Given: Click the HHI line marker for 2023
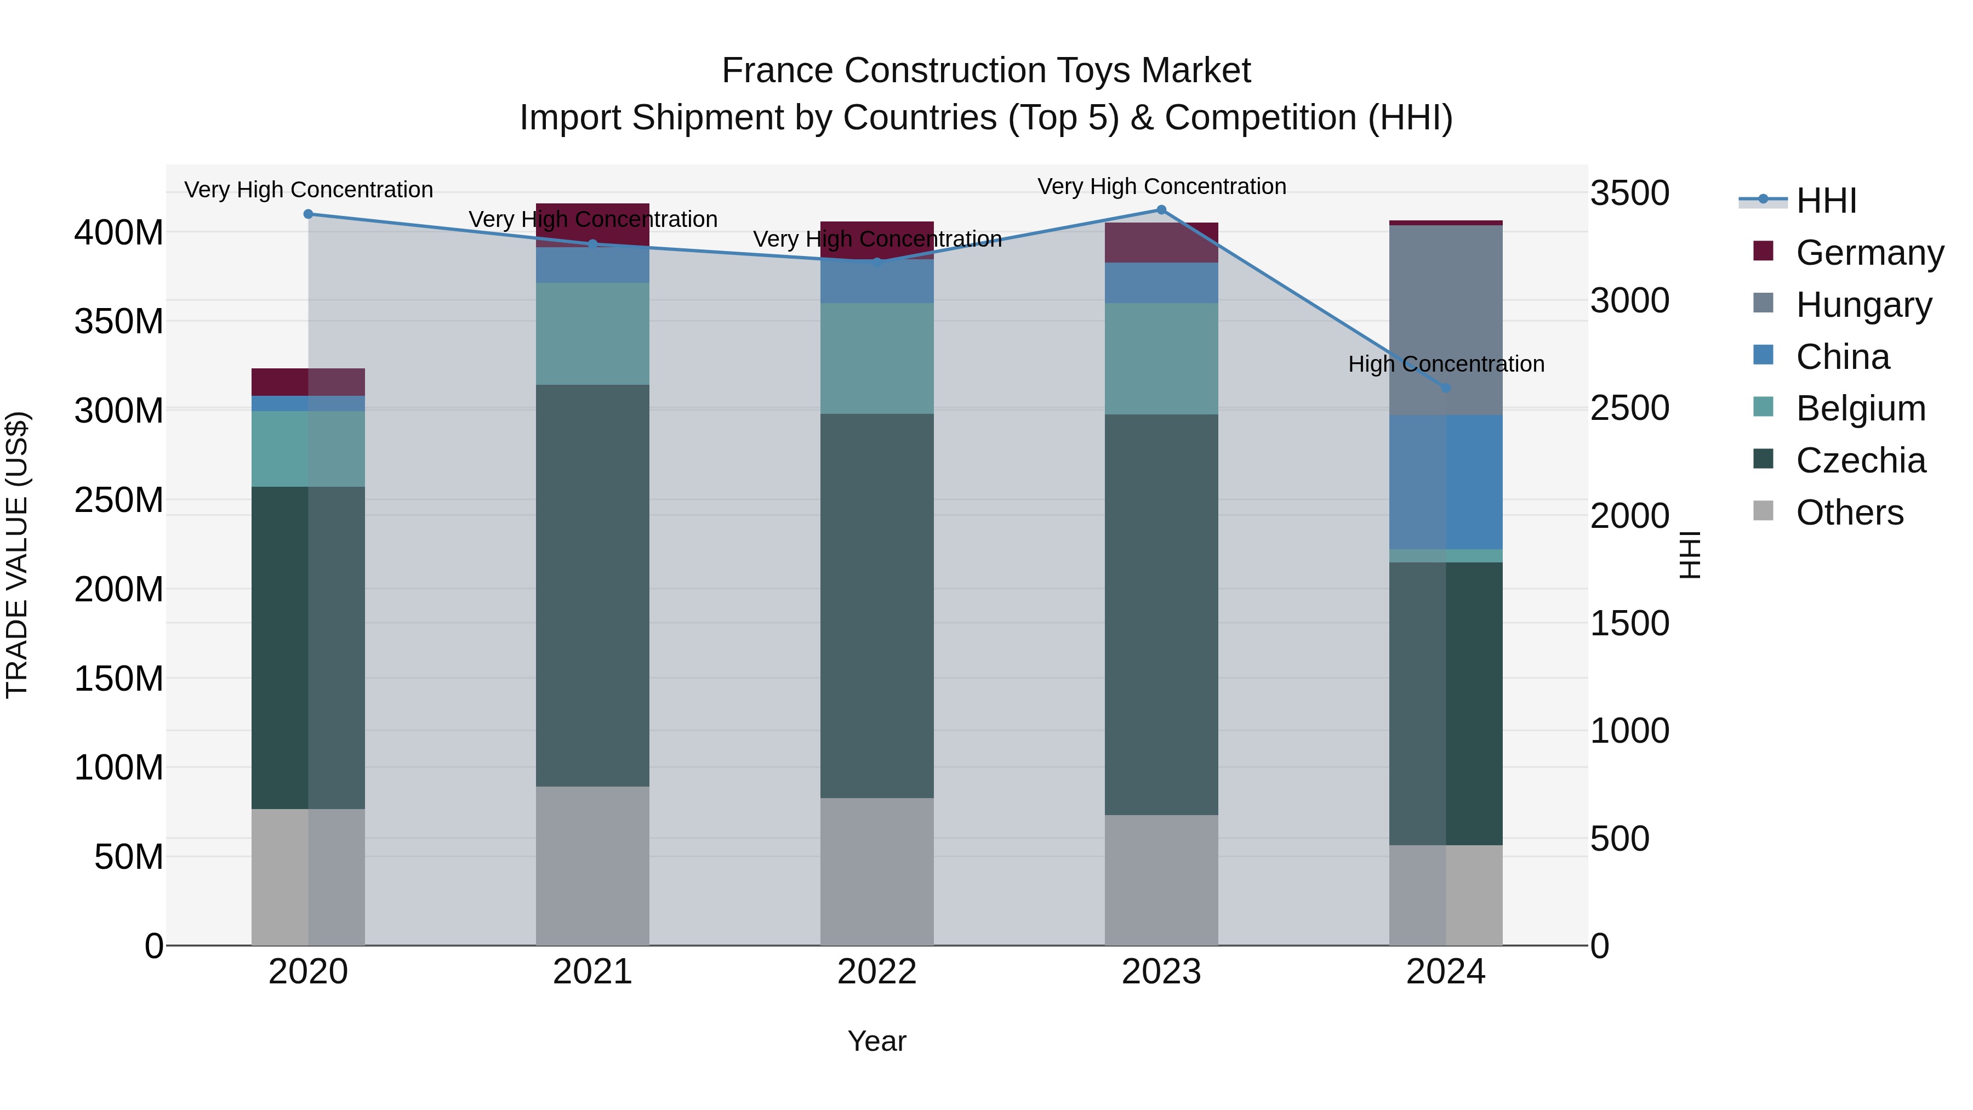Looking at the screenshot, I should click(1161, 210).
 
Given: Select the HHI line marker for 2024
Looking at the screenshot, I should click(1445, 388).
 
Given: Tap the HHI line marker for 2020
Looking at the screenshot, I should click(309, 214).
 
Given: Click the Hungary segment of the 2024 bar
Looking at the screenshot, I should click(1445, 320).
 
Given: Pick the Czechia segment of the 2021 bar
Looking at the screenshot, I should click(592, 585).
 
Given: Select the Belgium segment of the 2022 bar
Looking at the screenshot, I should click(877, 358).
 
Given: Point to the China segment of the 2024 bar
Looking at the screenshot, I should click(1445, 482).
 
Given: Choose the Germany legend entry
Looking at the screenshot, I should click(1869, 253).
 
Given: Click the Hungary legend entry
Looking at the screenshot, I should click(1863, 305).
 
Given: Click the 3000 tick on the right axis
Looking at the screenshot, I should click(1629, 300).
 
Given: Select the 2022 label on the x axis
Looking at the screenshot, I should click(877, 972).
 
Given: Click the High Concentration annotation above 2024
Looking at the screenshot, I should click(1445, 364).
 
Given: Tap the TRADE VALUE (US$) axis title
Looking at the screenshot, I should click(17, 555).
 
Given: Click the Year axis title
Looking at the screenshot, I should click(877, 1041).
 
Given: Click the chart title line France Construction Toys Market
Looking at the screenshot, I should click(986, 71).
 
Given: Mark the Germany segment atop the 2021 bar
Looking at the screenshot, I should click(592, 225).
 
